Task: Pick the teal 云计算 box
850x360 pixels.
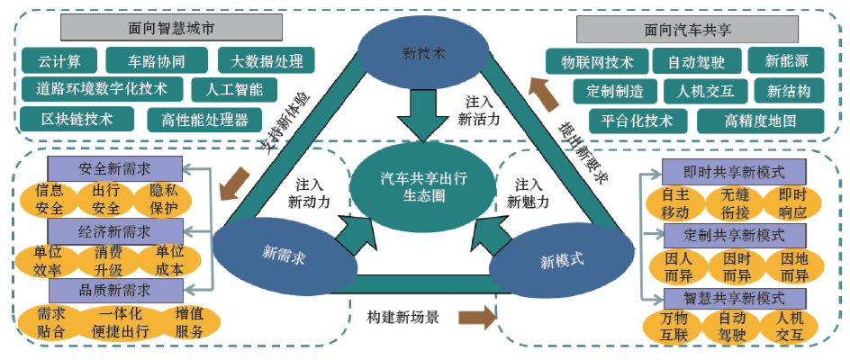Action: (x=59, y=61)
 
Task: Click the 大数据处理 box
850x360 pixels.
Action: (x=266, y=61)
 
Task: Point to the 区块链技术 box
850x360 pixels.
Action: (x=77, y=119)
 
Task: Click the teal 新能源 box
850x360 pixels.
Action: (x=786, y=61)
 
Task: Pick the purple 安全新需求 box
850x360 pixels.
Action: (x=114, y=168)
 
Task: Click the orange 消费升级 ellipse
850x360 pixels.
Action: (x=109, y=259)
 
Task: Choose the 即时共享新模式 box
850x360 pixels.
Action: (x=734, y=171)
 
